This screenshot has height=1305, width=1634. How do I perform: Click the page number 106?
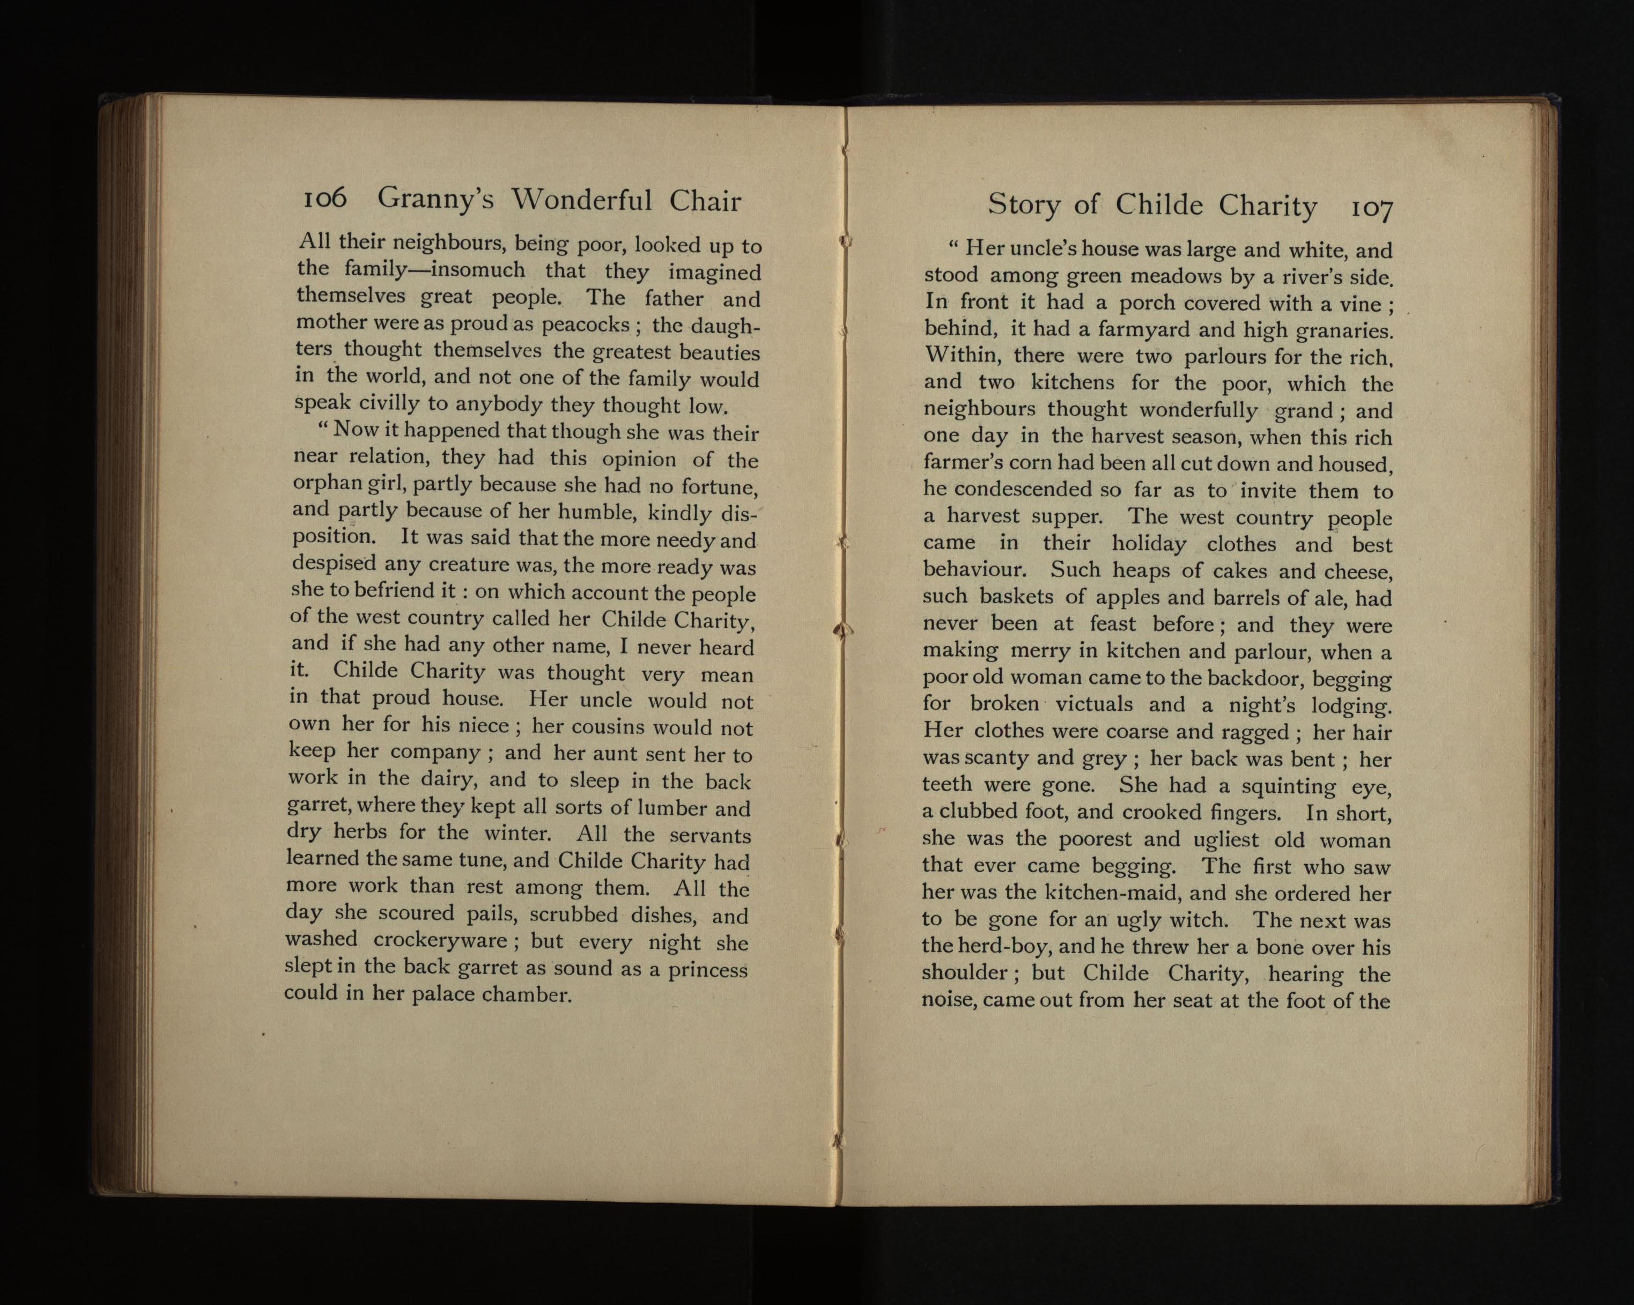click(x=324, y=198)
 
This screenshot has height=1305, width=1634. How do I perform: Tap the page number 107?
click(x=1371, y=208)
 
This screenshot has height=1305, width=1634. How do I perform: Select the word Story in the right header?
click(x=1023, y=204)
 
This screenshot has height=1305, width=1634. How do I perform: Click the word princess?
click(x=708, y=970)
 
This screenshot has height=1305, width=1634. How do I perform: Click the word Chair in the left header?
click(x=705, y=201)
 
